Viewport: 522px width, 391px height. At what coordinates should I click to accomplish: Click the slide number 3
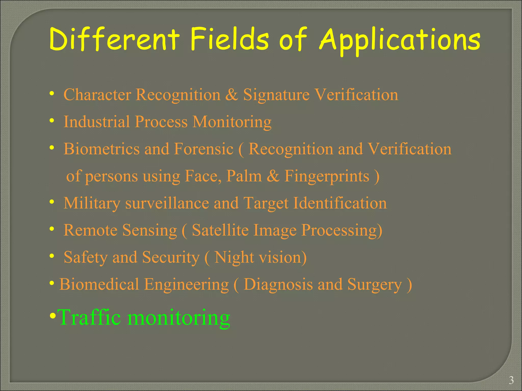point(511,380)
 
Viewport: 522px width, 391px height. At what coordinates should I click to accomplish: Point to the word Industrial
point(97,122)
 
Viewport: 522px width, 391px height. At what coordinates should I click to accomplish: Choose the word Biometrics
point(101,149)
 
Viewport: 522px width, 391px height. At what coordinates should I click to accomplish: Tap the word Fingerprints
point(327,176)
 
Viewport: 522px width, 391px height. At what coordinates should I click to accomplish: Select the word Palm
point(244,176)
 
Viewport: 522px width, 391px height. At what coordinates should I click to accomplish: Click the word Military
point(92,204)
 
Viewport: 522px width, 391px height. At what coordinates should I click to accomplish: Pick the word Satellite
point(220,230)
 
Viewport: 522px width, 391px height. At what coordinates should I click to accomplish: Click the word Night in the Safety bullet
point(234,258)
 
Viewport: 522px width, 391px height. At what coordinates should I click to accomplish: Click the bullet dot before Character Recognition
point(52,94)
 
